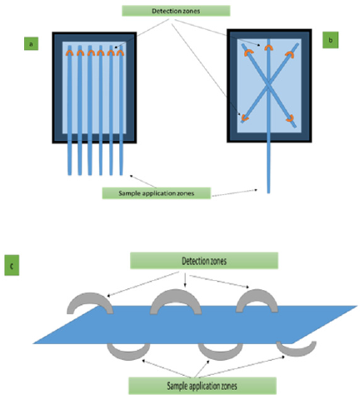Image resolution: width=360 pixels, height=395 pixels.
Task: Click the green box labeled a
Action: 31,43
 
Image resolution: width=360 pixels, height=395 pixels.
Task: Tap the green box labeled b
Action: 330,40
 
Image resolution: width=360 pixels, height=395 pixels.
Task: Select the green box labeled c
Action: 12,265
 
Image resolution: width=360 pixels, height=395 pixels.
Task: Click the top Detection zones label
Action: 176,11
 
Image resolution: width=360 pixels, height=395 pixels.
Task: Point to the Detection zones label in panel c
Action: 204,261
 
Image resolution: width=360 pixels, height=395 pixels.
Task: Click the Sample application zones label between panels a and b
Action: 157,193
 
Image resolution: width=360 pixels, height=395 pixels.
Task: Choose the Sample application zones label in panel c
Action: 202,386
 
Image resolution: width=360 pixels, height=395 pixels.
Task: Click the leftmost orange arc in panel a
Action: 69,52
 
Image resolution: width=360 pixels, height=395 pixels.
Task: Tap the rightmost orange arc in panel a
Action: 120,52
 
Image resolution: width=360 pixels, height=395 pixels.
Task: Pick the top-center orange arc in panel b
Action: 268,47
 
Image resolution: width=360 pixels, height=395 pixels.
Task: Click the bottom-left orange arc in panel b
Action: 243,118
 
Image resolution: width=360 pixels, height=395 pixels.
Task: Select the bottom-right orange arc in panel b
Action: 291,119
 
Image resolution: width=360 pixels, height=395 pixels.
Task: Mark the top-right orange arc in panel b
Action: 291,53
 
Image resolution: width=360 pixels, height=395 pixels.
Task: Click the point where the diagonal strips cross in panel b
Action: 268,85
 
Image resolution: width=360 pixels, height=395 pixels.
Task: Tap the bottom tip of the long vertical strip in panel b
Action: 268,193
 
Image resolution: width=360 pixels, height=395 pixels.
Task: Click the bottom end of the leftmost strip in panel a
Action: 70,175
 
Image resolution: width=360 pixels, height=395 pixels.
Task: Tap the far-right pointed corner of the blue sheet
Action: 357,306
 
